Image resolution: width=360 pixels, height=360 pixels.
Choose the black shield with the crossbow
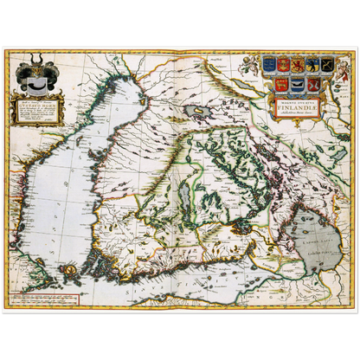326,64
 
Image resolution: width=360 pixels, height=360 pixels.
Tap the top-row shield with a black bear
311,63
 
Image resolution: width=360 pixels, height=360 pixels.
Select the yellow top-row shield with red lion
297,63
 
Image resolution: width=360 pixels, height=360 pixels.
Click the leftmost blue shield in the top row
268,63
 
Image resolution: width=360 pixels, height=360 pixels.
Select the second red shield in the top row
283,63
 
